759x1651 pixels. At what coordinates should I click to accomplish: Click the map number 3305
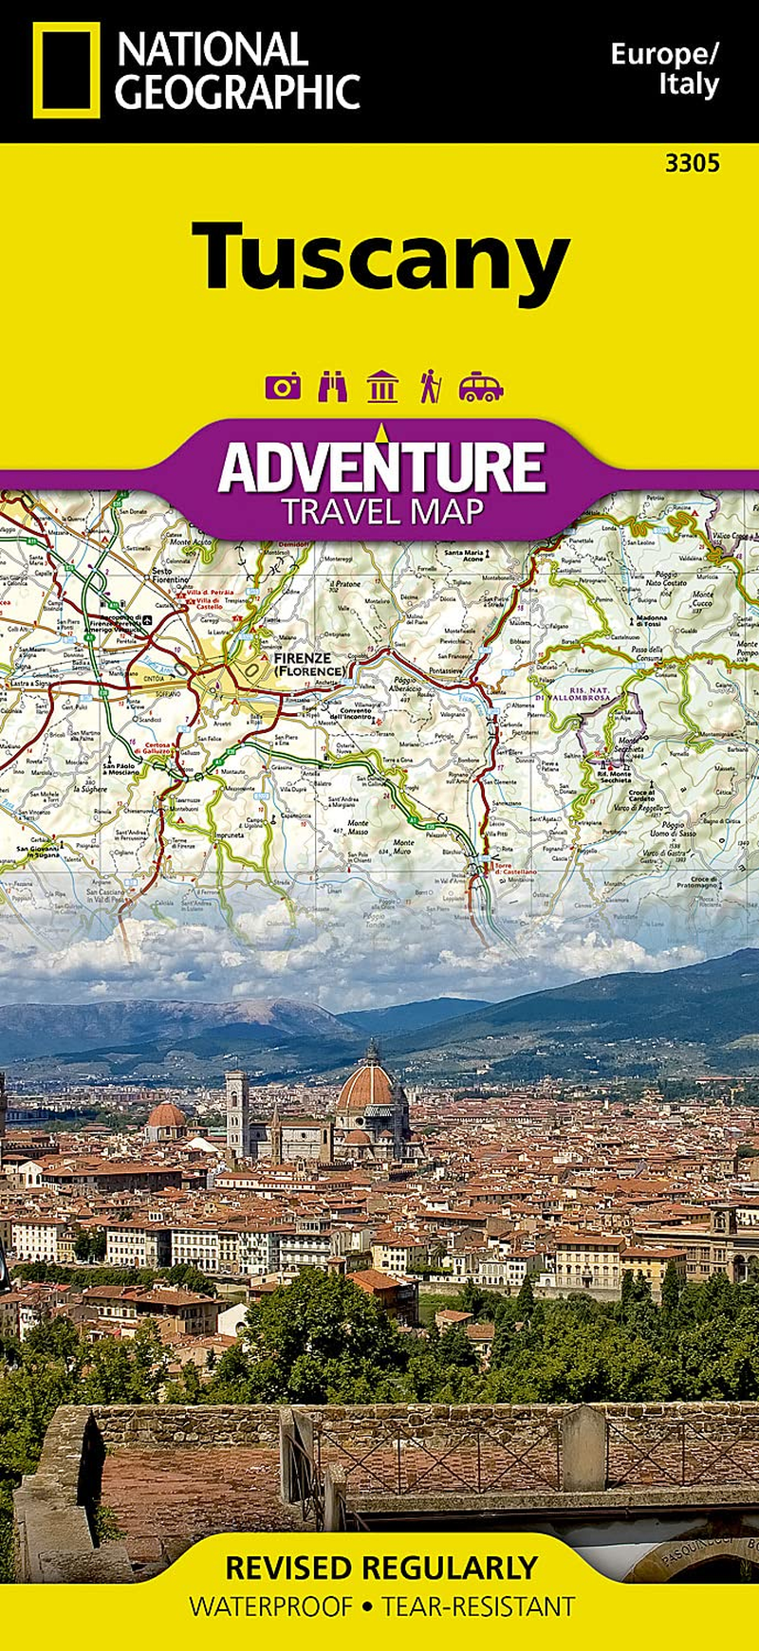coord(692,163)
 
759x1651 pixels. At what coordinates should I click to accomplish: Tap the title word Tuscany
coord(380,257)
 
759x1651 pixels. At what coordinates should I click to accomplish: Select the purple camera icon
coord(283,386)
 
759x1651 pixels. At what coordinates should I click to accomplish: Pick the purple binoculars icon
coord(332,386)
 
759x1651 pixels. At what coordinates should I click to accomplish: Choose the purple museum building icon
coord(382,386)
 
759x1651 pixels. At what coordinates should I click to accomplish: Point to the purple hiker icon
coord(431,386)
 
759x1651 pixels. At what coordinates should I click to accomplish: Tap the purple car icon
coord(481,387)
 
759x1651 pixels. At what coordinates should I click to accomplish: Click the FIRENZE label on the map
coord(302,657)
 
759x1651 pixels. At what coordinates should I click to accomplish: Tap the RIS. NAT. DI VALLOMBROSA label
coord(595,694)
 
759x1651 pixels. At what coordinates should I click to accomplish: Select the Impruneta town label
coord(231,835)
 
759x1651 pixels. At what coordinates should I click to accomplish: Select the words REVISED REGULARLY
coord(381,1568)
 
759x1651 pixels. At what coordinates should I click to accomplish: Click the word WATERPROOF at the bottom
coord(270,1606)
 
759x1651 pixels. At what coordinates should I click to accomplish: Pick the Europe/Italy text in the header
coord(664,69)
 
